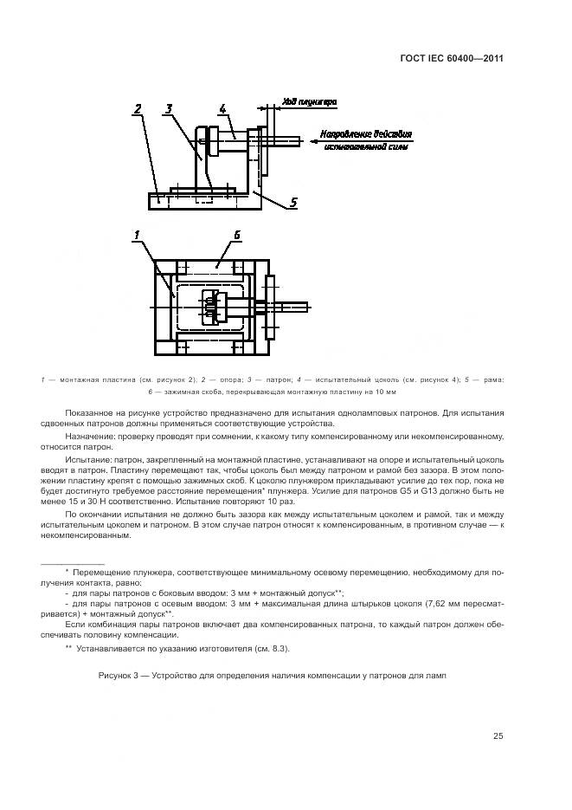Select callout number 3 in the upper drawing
pyautogui.click(x=170, y=108)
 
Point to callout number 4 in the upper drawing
pyautogui.click(x=222, y=108)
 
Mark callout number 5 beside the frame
pyautogui.click(x=293, y=203)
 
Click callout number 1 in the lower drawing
pyautogui.click(x=137, y=235)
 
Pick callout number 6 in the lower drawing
pyautogui.click(x=237, y=235)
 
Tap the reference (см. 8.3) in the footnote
pyautogui.click(x=272, y=649)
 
